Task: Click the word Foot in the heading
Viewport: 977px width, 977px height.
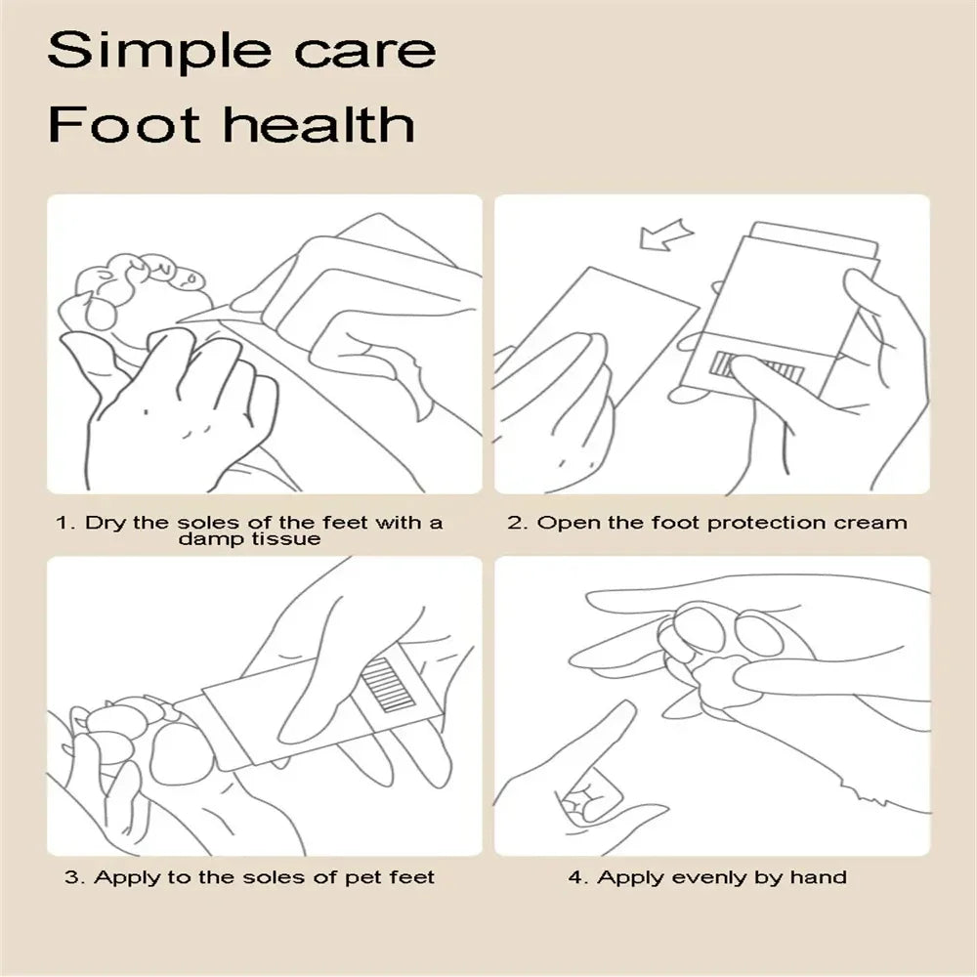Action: [x=108, y=125]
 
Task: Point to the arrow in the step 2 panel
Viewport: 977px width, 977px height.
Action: [x=665, y=235]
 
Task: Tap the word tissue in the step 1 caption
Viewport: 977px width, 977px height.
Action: [x=284, y=539]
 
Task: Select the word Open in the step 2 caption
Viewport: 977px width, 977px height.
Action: [x=568, y=523]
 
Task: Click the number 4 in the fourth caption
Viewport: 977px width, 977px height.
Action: [x=576, y=876]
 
